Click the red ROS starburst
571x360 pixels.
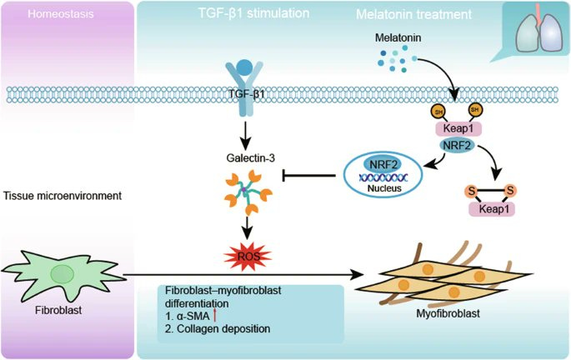248,257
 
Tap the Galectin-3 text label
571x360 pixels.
251,158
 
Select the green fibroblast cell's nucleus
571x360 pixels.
63,274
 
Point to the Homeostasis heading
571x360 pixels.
61,14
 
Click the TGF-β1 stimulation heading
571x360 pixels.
253,13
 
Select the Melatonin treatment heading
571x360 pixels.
413,14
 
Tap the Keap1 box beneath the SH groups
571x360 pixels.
458,128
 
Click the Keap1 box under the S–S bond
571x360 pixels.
492,209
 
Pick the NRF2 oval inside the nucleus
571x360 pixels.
383,164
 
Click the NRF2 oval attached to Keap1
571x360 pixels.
457,146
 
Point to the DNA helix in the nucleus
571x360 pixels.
383,177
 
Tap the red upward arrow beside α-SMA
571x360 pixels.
215,314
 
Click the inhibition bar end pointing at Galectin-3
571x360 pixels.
284,176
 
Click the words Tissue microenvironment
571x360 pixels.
63,196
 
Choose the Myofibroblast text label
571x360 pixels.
448,313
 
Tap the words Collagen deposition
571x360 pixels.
223,328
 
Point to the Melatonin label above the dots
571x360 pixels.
398,37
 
